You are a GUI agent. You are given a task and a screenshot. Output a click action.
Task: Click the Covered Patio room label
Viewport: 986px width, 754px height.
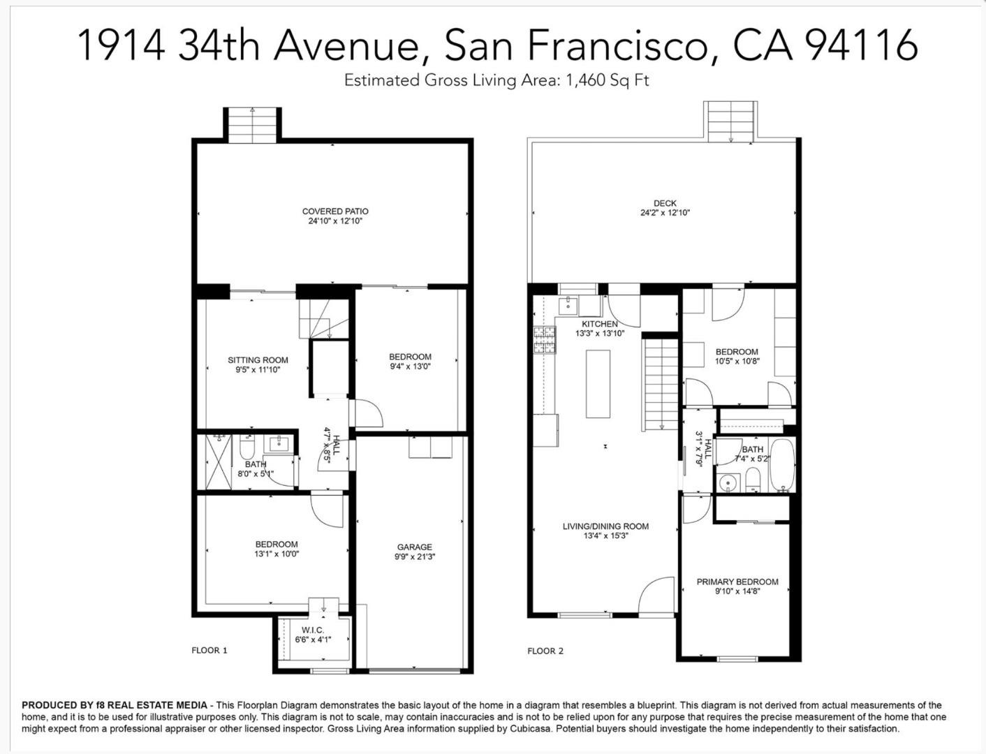[x=335, y=211]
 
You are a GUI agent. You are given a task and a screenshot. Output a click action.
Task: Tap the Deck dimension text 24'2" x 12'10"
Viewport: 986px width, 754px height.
[x=665, y=213]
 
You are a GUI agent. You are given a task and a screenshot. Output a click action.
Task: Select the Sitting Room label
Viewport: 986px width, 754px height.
[x=258, y=360]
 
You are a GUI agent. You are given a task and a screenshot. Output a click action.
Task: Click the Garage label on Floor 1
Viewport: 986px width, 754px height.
[x=415, y=547]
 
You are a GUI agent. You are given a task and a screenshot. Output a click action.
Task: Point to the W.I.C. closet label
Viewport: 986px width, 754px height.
[x=313, y=630]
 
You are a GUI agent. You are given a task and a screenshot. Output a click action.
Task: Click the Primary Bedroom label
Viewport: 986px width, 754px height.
[x=737, y=582]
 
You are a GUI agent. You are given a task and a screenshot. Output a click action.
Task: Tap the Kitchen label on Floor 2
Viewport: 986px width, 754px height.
[x=600, y=324]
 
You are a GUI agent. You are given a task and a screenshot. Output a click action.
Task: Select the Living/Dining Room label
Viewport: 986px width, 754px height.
[x=605, y=526]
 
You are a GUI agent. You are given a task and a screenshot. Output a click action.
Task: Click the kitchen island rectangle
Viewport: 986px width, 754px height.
[x=598, y=384]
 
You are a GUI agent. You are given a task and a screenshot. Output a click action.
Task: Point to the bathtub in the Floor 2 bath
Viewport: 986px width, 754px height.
[x=782, y=465]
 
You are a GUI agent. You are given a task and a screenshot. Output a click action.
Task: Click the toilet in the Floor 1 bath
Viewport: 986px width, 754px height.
[x=246, y=446]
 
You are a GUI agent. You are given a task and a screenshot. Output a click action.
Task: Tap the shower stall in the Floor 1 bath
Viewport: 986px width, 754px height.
[x=219, y=461]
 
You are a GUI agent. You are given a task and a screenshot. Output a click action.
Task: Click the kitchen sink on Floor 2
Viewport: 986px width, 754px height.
[x=568, y=306]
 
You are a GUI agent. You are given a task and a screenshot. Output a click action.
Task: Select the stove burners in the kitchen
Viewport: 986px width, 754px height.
[x=545, y=340]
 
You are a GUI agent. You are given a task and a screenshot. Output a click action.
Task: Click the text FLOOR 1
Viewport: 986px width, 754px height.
[x=209, y=650]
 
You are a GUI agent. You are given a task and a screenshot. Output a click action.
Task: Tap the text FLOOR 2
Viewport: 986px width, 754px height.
[x=545, y=651]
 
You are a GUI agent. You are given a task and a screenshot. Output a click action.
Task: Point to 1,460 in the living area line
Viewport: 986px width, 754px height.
[x=587, y=81]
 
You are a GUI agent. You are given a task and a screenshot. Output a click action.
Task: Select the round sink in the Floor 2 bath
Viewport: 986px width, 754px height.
[x=726, y=483]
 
